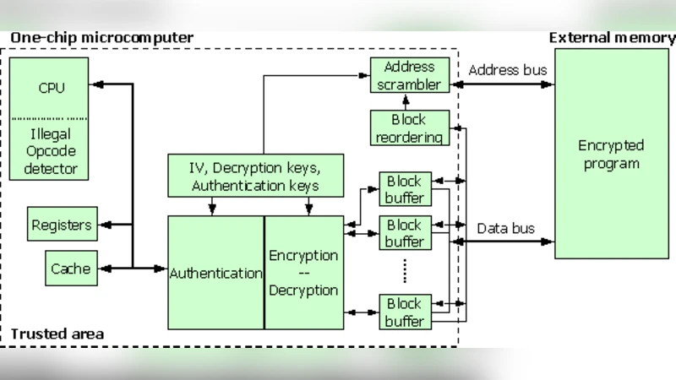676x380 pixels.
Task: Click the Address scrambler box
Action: click(410, 76)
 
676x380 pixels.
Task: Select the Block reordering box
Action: click(410, 128)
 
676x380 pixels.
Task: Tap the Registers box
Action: click(61, 225)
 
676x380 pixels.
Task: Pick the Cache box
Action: click(70, 269)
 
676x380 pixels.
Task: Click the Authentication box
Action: click(215, 273)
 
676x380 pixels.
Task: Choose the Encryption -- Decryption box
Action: click(303, 273)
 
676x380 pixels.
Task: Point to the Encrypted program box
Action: click(611, 155)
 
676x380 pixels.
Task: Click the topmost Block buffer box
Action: click(404, 189)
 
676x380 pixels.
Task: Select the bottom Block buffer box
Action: click(404, 311)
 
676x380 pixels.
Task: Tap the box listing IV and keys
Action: click(255, 174)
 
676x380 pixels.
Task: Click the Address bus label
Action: click(507, 70)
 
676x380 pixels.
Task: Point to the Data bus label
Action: click(504, 228)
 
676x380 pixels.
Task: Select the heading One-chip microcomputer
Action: click(101, 38)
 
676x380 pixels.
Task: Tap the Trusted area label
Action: click(57, 334)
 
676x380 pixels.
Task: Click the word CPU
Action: click(52, 88)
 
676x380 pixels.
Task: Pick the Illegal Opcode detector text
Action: click(52, 152)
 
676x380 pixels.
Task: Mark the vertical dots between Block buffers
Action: click(405, 270)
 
